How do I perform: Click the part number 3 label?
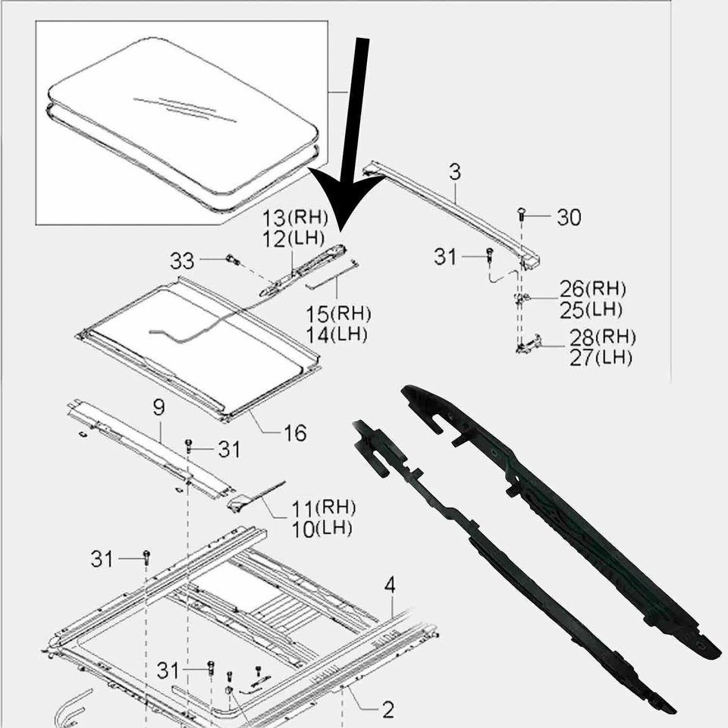(x=454, y=173)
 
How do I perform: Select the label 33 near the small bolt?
(x=182, y=262)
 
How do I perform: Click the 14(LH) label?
(x=338, y=334)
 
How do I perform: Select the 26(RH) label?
(x=593, y=289)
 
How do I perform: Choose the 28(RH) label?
(x=602, y=337)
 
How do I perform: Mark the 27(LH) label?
(x=600, y=357)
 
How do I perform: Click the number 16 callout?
(x=294, y=433)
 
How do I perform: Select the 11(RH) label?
(x=324, y=507)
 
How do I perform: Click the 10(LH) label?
(x=322, y=528)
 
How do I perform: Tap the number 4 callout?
(x=390, y=585)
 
